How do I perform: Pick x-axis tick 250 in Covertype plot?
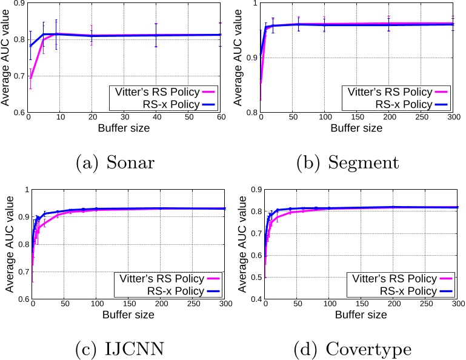422,305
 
